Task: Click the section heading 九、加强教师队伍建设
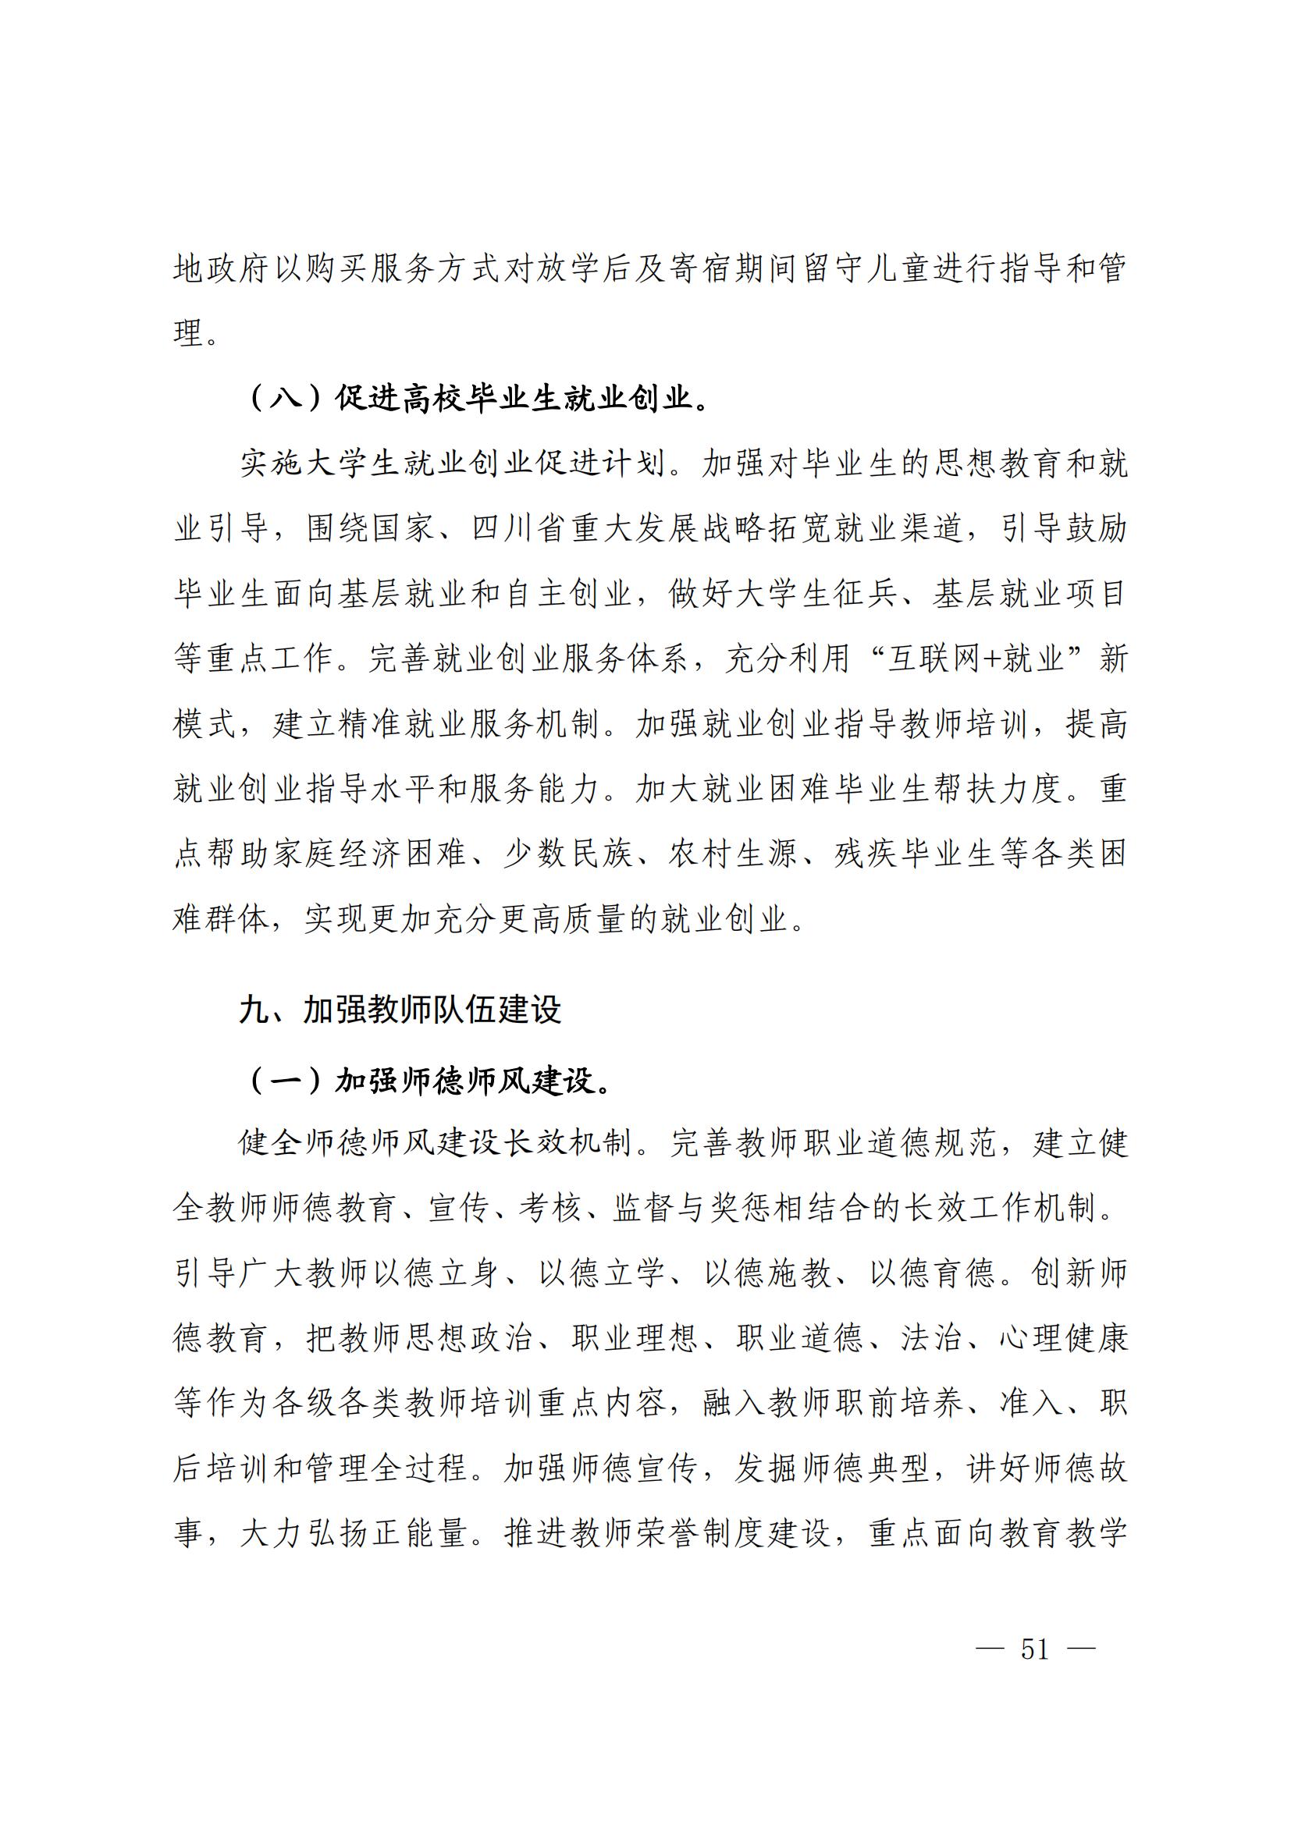click(x=400, y=1010)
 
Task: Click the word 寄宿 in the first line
click(x=685, y=268)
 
